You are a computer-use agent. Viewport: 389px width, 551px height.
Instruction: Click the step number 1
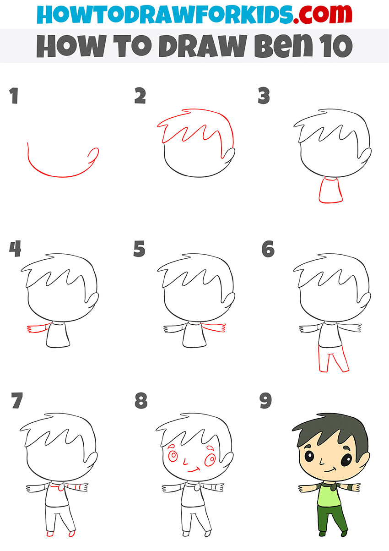click(x=14, y=96)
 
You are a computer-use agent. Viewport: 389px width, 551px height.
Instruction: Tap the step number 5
click(x=139, y=249)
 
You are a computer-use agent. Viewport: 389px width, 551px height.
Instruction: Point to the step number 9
click(x=265, y=401)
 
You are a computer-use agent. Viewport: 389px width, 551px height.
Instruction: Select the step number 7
click(x=17, y=401)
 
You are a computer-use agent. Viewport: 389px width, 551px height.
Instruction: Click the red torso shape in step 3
click(x=331, y=190)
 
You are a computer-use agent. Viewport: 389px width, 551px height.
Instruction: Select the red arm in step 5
click(x=213, y=327)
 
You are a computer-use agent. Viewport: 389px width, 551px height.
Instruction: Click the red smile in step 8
click(x=194, y=470)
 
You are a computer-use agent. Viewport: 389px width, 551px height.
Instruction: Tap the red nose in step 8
click(x=185, y=462)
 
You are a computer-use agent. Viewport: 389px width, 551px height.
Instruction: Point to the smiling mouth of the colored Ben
click(x=330, y=470)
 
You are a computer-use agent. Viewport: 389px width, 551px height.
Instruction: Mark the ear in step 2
click(x=228, y=155)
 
